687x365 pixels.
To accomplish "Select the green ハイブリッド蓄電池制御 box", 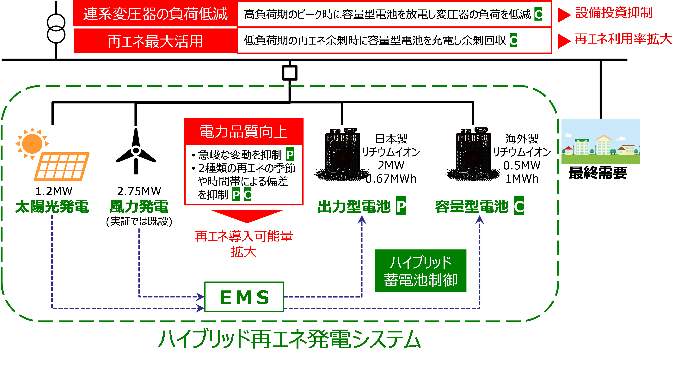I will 420,271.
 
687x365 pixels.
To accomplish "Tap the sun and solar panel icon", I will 52,153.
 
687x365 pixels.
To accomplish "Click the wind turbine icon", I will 135,151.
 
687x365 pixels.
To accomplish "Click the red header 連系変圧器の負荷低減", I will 155,14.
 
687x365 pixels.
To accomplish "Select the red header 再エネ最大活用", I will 155,41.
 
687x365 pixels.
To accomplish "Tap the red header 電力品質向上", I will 244,132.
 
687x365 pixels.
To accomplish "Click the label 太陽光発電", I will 52,207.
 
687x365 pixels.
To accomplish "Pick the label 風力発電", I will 139,207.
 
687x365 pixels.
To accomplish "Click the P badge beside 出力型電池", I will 401,206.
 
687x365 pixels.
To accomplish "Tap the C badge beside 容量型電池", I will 519,206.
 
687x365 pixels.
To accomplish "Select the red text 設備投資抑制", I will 614,13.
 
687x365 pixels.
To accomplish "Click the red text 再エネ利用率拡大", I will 623,39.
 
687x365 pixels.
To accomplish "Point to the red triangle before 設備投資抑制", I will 564,15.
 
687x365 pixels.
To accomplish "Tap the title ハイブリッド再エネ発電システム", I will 289,339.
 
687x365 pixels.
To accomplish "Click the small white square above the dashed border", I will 290,73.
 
